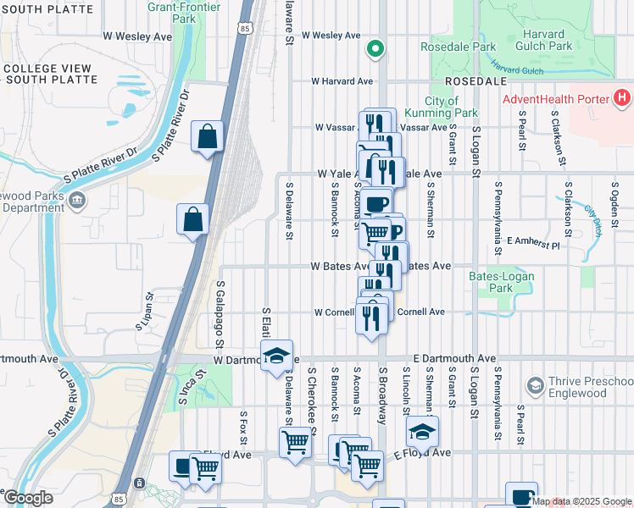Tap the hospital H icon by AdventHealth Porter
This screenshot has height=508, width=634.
point(621,98)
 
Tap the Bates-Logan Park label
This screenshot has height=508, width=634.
point(490,282)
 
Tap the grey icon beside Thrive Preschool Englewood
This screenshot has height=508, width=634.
point(535,386)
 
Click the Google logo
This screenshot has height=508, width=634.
point(27,498)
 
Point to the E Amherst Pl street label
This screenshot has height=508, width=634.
point(532,242)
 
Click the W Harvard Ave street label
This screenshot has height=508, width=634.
point(342,81)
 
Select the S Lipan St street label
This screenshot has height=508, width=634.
point(144,311)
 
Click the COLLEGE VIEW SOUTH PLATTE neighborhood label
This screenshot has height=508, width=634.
point(48,75)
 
